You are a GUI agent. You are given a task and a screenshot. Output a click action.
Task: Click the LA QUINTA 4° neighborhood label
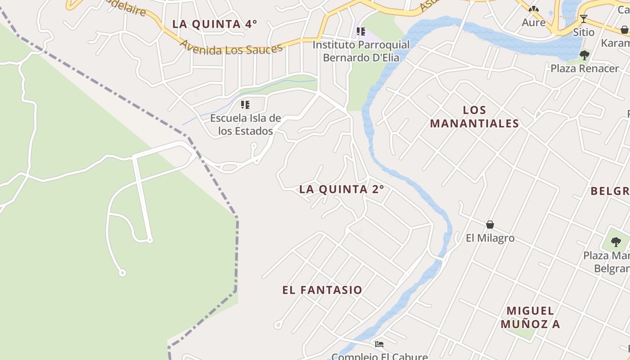tap(215, 24)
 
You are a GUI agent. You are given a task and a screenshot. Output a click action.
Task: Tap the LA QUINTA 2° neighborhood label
tap(342, 189)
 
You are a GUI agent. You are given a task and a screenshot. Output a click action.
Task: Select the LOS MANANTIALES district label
tap(474, 117)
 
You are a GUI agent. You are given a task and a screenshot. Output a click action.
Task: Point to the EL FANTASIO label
tap(322, 290)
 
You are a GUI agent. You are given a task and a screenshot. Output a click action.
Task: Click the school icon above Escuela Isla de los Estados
tap(245, 105)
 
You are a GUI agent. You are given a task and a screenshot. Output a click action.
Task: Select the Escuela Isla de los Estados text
tap(246, 125)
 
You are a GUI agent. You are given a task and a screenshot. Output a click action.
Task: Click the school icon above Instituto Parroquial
tap(360, 31)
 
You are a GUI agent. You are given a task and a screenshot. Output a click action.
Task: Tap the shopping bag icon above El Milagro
tap(490, 225)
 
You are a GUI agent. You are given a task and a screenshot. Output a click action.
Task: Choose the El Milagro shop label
tap(490, 238)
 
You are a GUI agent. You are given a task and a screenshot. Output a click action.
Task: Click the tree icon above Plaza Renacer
tap(585, 55)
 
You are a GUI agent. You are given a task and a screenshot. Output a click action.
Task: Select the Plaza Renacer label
tap(585, 69)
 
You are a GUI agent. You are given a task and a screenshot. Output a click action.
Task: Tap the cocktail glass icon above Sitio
tap(584, 19)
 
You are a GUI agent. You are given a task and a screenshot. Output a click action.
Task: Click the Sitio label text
tap(584, 32)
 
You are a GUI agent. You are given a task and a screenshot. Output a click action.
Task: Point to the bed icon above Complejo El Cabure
tap(379, 344)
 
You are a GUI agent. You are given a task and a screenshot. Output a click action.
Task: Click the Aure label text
tap(534, 22)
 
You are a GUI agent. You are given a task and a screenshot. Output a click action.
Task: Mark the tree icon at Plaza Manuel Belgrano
tap(616, 242)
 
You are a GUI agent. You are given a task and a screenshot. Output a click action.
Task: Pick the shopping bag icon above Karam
tap(625, 30)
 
